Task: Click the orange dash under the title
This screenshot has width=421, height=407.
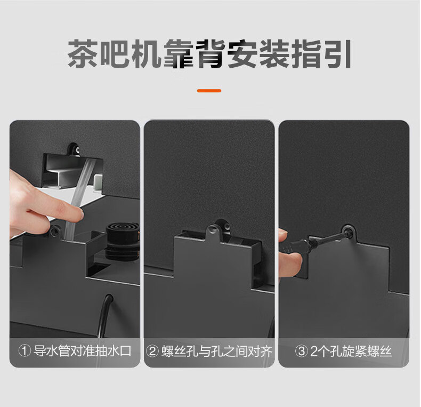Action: click(209, 91)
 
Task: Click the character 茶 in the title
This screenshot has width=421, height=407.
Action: click(83, 54)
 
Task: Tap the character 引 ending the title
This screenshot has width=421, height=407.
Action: click(336, 54)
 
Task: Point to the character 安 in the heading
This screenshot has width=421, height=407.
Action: click(241, 54)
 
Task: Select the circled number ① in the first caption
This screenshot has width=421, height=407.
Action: click(25, 351)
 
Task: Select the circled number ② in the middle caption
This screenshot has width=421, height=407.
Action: click(152, 351)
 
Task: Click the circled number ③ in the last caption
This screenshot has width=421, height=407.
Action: click(301, 351)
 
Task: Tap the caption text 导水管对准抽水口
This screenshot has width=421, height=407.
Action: click(83, 351)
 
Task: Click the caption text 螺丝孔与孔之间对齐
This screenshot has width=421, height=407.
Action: click(217, 351)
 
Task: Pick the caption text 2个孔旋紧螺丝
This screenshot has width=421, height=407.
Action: click(351, 351)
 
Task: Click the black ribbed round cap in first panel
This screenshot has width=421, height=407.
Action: click(122, 242)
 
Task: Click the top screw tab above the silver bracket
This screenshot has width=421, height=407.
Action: click(75, 149)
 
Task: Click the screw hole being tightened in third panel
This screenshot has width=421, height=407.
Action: click(348, 233)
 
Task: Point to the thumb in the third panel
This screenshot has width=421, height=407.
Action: click(289, 264)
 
